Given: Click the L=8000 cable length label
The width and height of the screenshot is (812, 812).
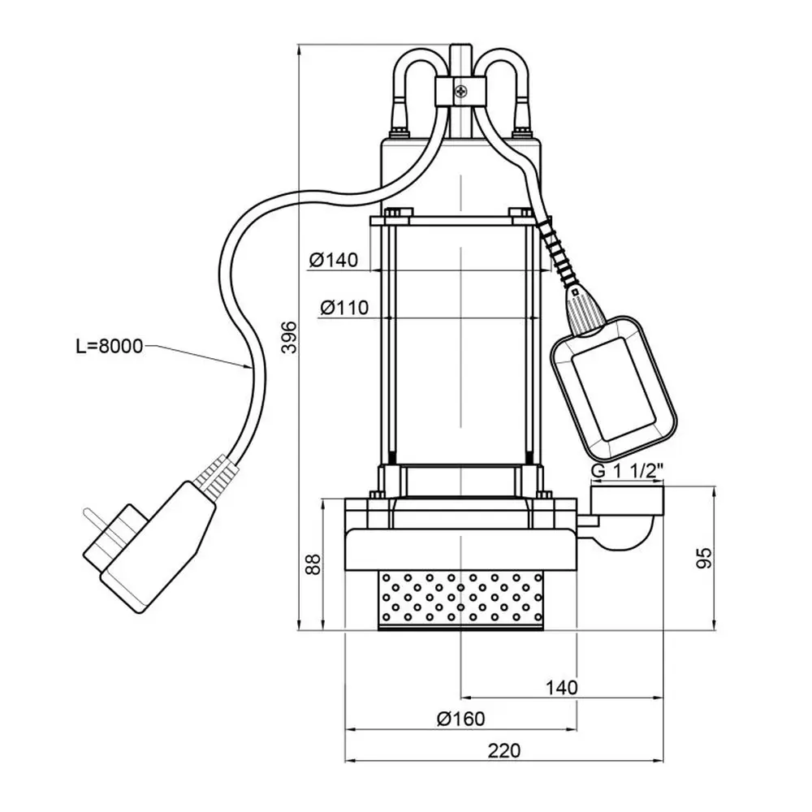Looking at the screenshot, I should point(109,347).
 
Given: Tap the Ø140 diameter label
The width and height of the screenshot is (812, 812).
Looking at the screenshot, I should point(333,261).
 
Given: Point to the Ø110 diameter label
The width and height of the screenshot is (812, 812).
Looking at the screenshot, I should point(344,308).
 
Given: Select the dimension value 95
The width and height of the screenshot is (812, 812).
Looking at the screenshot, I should point(705,557).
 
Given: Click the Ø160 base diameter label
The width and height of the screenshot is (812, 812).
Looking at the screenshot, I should point(460,719).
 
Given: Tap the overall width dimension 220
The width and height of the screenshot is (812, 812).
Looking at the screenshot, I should point(503,751).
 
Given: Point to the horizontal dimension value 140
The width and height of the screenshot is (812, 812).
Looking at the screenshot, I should point(561,687).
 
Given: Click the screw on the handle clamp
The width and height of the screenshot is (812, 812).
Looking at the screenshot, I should point(460,92).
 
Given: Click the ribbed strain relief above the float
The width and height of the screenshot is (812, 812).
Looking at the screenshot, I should point(560,252).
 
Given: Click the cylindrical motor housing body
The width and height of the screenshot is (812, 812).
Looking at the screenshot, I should point(460,341).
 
